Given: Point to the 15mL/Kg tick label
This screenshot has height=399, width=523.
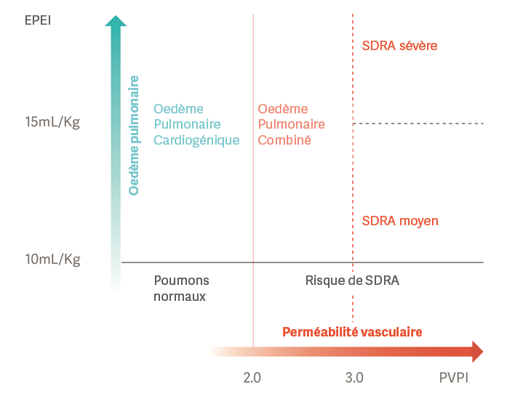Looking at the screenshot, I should [52, 121].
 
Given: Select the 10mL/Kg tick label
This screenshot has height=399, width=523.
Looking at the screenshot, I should [52, 259].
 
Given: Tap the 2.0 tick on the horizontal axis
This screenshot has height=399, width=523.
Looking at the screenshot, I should [252, 378].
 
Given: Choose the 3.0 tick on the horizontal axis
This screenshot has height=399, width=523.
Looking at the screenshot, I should [354, 378].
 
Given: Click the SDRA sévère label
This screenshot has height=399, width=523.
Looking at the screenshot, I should [399, 46].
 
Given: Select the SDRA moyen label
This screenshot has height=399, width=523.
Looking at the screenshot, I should [400, 220].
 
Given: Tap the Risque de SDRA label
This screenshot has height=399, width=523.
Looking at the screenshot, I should [352, 281].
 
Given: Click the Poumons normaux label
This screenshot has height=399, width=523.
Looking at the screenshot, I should [181, 289].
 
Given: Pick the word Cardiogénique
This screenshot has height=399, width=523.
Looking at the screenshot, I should [196, 140].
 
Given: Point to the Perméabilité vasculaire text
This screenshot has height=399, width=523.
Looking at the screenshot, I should [352, 331].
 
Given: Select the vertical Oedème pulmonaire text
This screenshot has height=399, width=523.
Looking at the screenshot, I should [134, 134].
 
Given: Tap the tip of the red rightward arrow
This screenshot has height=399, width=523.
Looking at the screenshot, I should [481, 352].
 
